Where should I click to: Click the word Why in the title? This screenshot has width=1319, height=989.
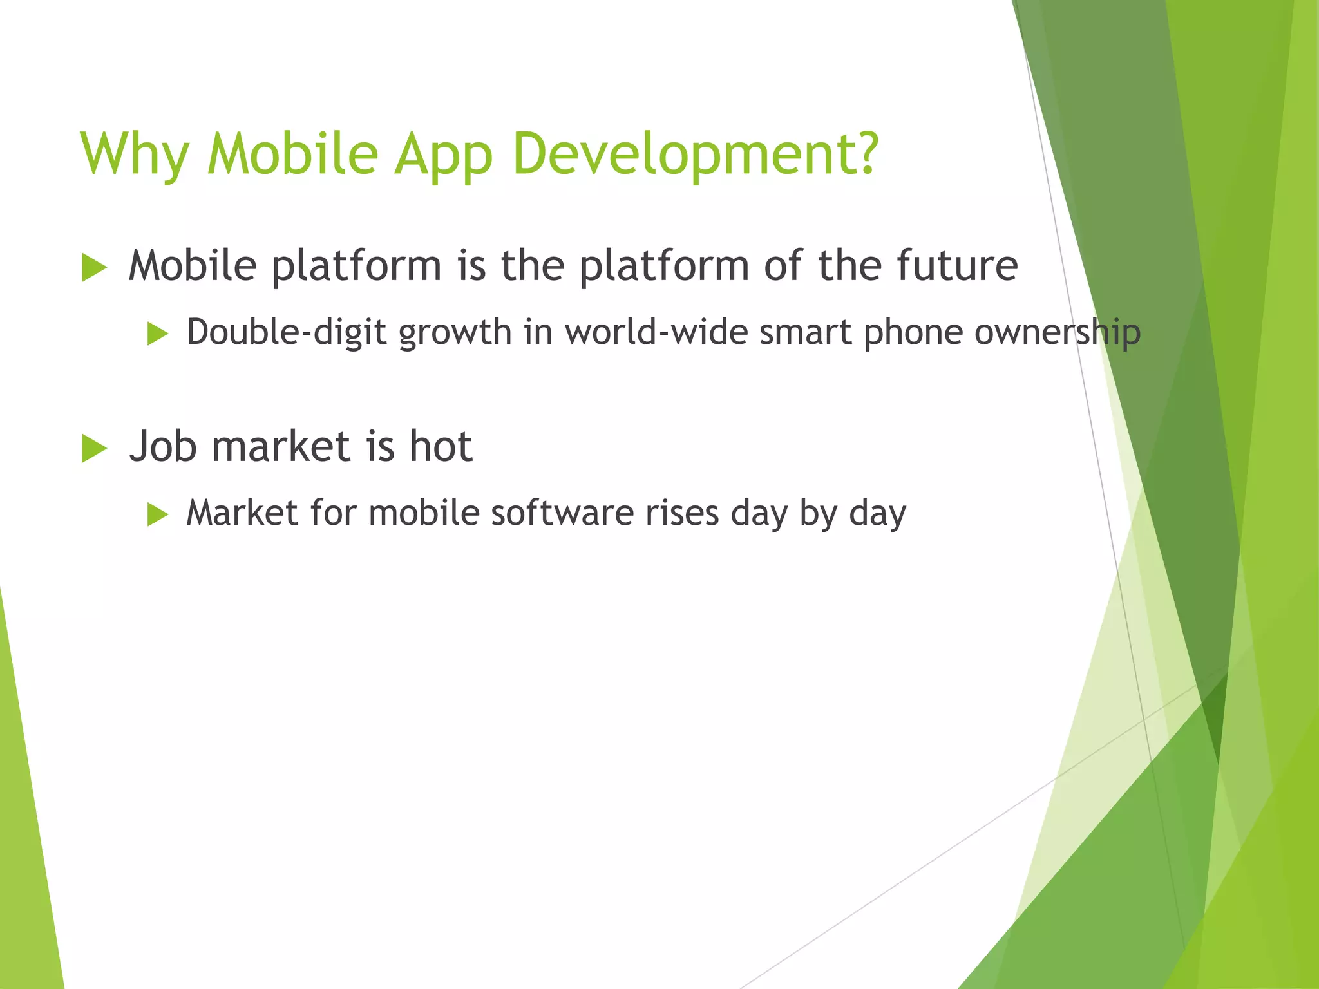click(x=134, y=155)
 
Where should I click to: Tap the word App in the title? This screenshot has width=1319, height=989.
click(x=443, y=155)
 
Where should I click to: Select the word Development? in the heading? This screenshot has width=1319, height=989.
click(x=696, y=155)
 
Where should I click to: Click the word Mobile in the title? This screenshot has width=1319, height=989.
click(x=292, y=155)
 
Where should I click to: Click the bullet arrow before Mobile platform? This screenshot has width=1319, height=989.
click(x=94, y=267)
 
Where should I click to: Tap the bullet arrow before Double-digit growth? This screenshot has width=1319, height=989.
click(x=157, y=334)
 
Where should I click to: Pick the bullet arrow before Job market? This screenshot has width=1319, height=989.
click(x=94, y=448)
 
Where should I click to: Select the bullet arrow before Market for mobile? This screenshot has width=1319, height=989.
click(x=157, y=515)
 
